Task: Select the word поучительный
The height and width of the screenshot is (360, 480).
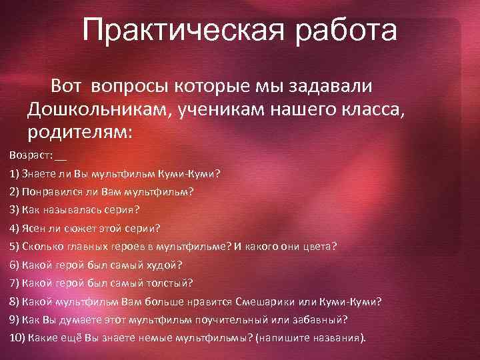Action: (232, 319)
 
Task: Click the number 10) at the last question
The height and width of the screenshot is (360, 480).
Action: (17, 337)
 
